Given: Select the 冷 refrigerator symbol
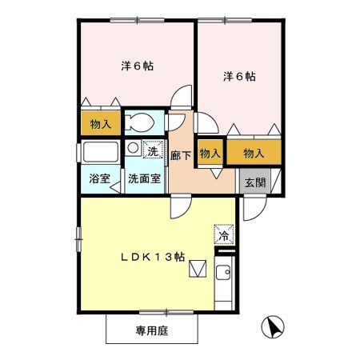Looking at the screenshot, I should (x=224, y=236).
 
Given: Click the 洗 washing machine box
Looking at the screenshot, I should (x=151, y=149).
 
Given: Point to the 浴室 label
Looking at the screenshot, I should (x=100, y=178).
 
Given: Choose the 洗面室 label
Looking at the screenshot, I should (x=145, y=178).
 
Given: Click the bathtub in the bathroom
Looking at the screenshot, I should (x=100, y=152).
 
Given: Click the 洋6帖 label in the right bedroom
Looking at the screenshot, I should (x=239, y=77).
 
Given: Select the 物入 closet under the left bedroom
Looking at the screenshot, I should (x=100, y=124).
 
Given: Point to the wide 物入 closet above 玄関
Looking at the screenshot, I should (x=254, y=153).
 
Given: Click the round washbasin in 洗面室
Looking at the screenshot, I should (x=133, y=148).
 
